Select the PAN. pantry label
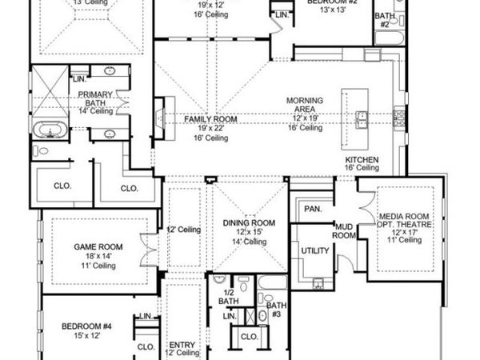[312, 209]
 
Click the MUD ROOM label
[343, 231]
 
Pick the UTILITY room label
[316, 251]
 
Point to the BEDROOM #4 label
[90, 326]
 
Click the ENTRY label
[182, 343]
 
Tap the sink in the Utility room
[318, 282]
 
